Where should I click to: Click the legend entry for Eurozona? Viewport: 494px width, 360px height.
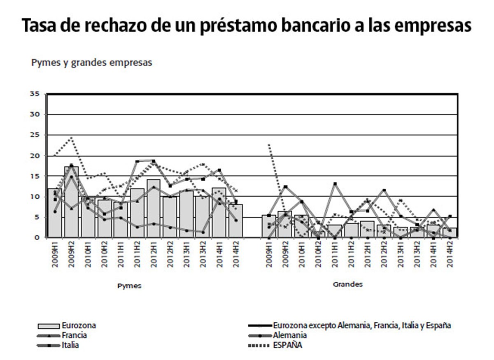click(x=79, y=325)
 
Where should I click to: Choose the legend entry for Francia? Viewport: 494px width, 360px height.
click(x=74, y=335)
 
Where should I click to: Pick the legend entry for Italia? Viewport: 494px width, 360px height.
click(x=70, y=345)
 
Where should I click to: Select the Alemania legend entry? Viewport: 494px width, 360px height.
click(x=290, y=335)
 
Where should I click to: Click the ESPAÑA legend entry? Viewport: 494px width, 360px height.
click(x=287, y=345)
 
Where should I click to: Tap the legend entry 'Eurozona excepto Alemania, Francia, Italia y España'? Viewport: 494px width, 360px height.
click(x=362, y=325)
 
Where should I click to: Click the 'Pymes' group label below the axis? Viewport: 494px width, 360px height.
click(x=129, y=286)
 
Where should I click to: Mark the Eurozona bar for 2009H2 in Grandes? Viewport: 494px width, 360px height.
click(x=285, y=224)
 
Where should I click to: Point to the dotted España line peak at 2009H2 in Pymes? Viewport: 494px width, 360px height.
click(x=71, y=138)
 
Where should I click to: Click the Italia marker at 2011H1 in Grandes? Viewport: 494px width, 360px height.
click(x=335, y=184)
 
